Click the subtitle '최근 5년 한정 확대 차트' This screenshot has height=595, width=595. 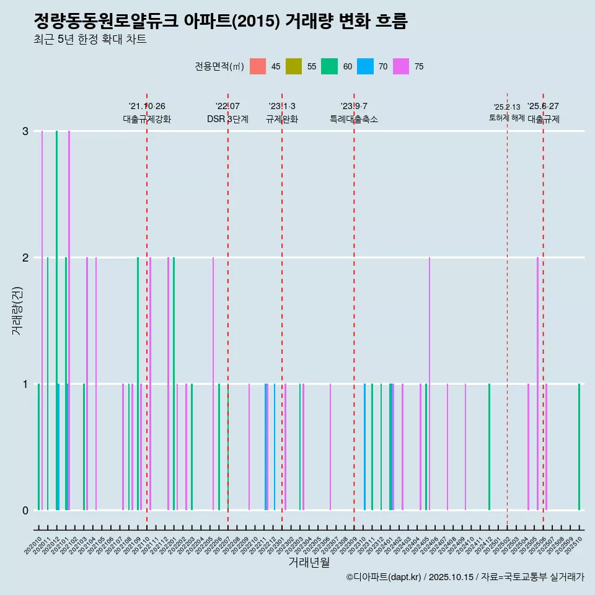[90, 40]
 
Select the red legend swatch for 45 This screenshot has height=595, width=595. [258, 66]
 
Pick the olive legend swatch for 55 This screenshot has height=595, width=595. [294, 66]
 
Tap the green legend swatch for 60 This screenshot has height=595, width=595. [329, 66]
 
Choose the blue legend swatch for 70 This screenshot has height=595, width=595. [366, 66]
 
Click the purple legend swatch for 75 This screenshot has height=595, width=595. [401, 66]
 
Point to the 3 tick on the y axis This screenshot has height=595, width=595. [25, 131]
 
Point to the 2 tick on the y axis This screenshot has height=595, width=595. [25, 257]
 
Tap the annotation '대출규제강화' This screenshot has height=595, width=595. [147, 119]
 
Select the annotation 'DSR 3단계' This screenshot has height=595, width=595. [227, 119]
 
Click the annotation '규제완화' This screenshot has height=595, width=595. [282, 119]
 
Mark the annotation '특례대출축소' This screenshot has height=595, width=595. [354, 119]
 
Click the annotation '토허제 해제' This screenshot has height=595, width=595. [507, 117]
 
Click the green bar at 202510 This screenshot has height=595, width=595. [580, 446]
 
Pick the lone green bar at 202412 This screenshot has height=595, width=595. [489, 446]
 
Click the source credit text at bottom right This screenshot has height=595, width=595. [465, 577]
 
